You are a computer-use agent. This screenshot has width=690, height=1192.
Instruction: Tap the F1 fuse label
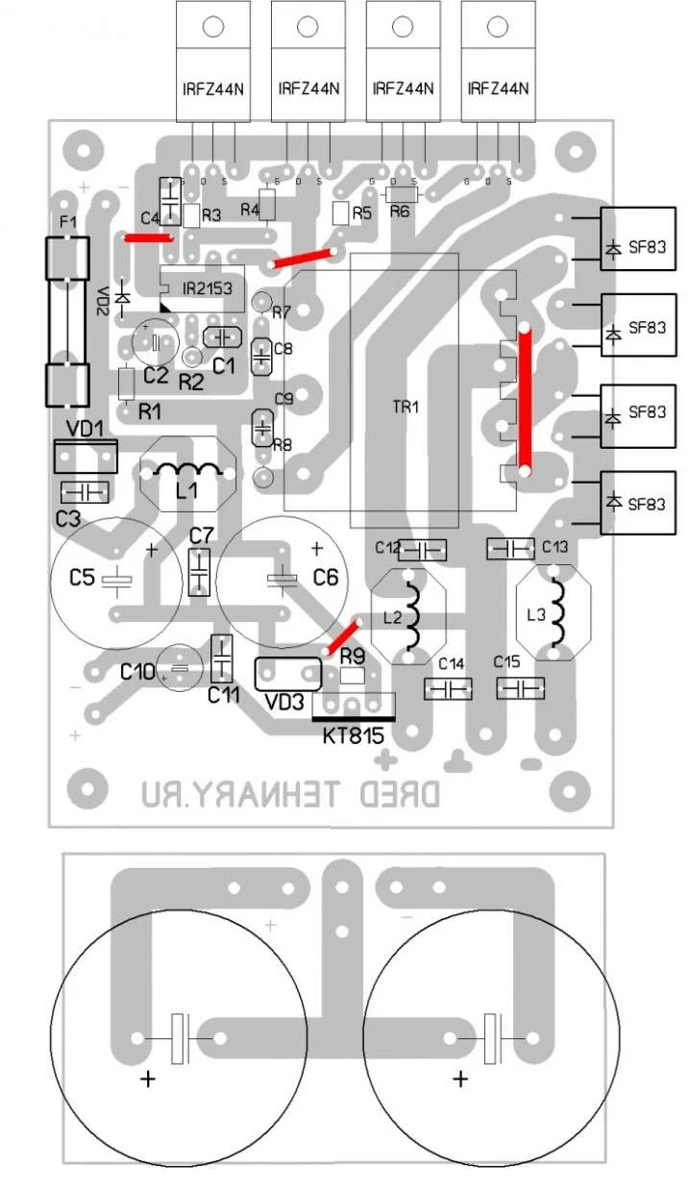[67, 223]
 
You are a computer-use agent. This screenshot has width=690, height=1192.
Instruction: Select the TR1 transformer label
[407, 407]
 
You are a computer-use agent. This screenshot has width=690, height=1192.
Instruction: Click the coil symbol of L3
[555, 616]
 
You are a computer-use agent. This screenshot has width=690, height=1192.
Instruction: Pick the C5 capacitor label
[84, 578]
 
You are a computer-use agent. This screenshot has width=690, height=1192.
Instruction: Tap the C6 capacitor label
[326, 578]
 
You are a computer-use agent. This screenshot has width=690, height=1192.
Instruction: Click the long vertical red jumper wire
[525, 400]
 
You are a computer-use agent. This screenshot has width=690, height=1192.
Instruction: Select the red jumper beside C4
[148, 236]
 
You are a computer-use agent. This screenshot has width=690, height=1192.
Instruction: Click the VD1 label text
[85, 430]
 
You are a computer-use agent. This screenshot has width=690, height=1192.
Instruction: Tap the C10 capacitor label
[138, 672]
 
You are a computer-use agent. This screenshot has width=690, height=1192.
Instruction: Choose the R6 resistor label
[400, 211]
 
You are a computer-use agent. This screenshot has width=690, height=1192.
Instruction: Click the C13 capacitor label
[555, 547]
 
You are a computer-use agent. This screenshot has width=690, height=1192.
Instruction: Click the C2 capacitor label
[155, 375]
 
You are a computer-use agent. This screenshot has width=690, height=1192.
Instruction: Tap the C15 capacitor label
[506, 663]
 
